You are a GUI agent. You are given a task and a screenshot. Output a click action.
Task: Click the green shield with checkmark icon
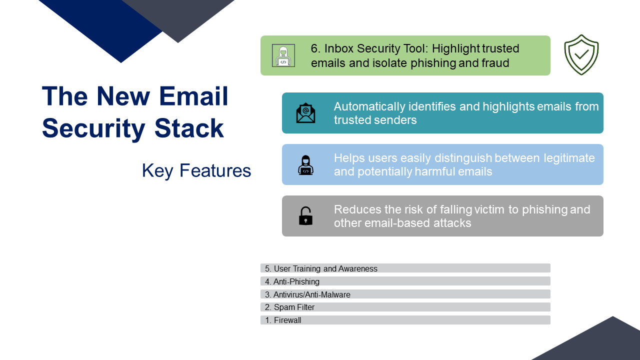point(581,55)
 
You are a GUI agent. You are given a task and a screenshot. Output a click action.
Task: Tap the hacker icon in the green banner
point(283,55)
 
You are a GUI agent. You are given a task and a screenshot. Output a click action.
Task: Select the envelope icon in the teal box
point(305,113)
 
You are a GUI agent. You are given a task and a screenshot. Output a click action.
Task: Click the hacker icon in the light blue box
point(305,165)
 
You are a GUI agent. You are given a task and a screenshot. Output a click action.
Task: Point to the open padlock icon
point(305,215)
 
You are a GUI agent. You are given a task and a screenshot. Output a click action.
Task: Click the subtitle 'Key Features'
point(196,171)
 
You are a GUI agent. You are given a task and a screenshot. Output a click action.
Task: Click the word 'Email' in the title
point(193,96)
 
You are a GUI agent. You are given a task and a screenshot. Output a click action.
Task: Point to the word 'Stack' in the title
point(189,128)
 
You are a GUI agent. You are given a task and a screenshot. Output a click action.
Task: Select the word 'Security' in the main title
point(93,129)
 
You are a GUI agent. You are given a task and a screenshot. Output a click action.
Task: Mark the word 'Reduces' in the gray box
point(357,209)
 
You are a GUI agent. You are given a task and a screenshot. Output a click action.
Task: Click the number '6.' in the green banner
point(316,48)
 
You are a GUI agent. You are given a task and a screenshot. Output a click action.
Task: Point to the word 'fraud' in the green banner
point(495,63)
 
